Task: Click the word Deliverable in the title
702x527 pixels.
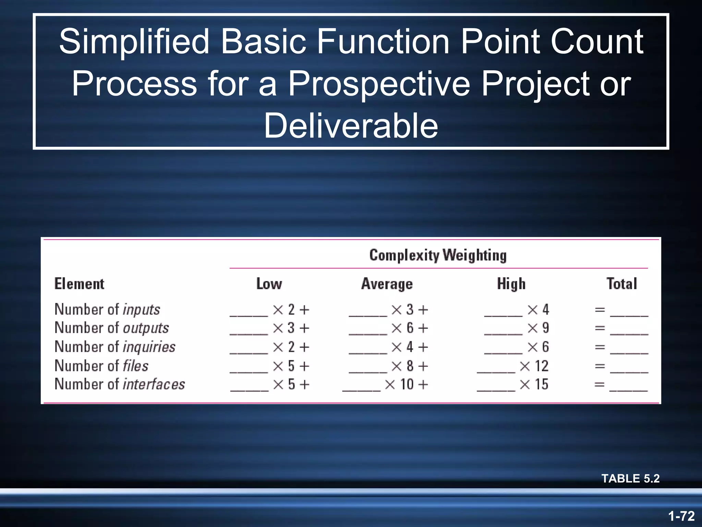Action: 351,126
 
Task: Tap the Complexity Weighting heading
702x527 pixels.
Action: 438,255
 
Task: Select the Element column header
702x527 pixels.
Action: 79,284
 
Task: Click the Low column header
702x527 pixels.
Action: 269,284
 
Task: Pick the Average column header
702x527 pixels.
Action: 387,284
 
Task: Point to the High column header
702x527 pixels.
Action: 511,284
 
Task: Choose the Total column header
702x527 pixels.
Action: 621,284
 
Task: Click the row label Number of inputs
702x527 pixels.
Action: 107,309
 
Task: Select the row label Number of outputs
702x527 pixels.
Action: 111,328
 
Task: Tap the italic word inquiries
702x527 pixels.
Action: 149,347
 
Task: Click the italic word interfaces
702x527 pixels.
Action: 154,384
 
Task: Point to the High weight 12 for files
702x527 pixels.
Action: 542,366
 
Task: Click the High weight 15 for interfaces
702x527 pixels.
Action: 542,384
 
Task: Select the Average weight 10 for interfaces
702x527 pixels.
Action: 407,384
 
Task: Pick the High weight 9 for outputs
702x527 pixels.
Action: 545,328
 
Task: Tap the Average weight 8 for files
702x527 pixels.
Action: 410,366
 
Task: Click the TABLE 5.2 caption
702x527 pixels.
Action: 630,478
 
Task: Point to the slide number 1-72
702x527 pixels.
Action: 681,516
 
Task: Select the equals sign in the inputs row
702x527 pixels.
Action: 600,310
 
